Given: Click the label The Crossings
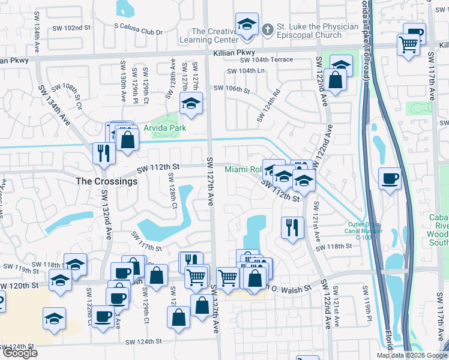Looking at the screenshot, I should (x=106, y=181).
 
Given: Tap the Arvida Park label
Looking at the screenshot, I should (x=164, y=128).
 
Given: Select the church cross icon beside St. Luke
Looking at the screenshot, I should (x=264, y=27).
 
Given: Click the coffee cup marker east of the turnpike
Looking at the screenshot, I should (x=390, y=179).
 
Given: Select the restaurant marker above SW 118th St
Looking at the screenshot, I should (x=292, y=227).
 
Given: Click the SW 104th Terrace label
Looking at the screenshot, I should (x=266, y=59).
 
